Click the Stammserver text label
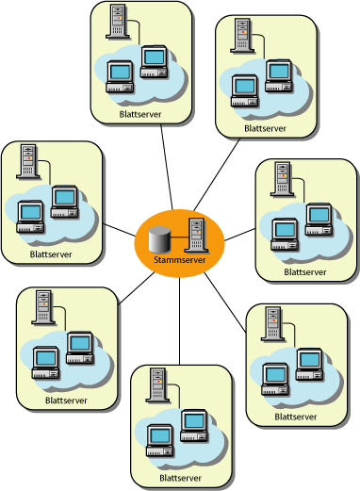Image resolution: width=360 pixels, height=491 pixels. pyautogui.click(x=179, y=259)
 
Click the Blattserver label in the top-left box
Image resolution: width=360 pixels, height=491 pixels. pyautogui.click(x=139, y=114)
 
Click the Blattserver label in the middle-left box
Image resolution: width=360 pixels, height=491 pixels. pyautogui.click(x=51, y=254)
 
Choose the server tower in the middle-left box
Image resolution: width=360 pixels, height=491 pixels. pyautogui.click(x=28, y=161)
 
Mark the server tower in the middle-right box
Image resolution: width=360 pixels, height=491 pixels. pyautogui.click(x=281, y=179)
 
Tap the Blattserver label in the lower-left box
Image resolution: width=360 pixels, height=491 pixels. pyautogui.click(x=66, y=401)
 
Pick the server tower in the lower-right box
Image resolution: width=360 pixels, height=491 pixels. pyautogui.click(x=271, y=323)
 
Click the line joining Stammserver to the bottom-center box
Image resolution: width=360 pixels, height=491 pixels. pyautogui.click(x=180, y=320)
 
